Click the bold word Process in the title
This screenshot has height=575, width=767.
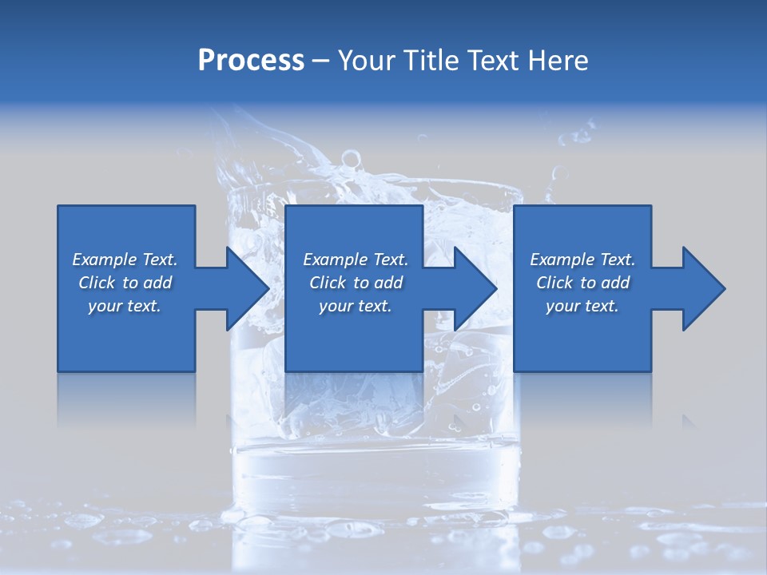pos(251,61)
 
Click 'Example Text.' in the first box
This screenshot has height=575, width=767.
pos(125,260)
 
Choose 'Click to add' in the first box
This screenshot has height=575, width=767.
pos(125,283)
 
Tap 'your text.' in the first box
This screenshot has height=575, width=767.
pos(125,306)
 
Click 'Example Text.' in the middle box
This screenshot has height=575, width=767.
pos(356,260)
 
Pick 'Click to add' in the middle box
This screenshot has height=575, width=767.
pos(356,283)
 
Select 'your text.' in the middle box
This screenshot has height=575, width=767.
pos(356,306)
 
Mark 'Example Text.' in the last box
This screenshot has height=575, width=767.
pos(582,260)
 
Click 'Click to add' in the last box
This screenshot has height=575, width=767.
pos(582,283)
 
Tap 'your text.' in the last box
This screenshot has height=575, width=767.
pos(582,306)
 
